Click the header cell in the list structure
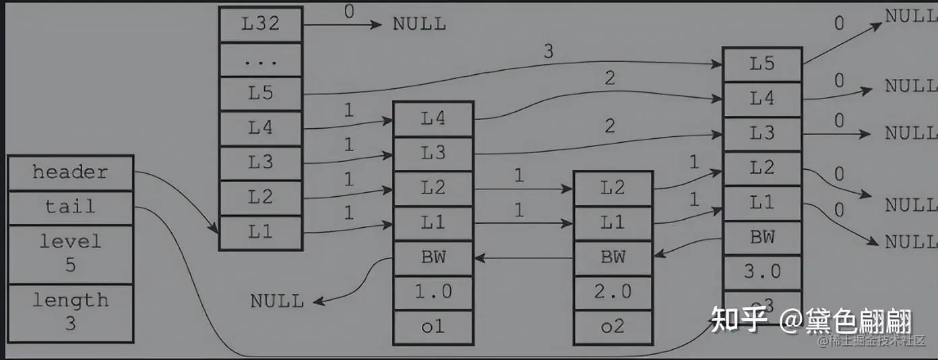pyautogui.click(x=70, y=173)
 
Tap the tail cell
pyautogui.click(x=70, y=207)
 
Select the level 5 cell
pyautogui.click(x=70, y=253)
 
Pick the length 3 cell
pyautogui.click(x=70, y=311)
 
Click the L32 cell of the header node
pyautogui.click(x=260, y=25)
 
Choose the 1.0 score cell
pyautogui.click(x=433, y=292)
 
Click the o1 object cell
pyautogui.click(x=433, y=327)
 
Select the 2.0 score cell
pyautogui.click(x=613, y=292)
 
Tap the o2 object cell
pyautogui.click(x=613, y=327)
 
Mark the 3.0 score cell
pyautogui.click(x=762, y=272)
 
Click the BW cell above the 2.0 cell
pyautogui.click(x=613, y=257)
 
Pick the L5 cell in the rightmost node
pyautogui.click(x=762, y=64)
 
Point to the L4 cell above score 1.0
pyautogui.click(x=433, y=119)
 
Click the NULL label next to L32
pyautogui.click(x=419, y=25)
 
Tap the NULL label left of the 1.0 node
pyautogui.click(x=277, y=301)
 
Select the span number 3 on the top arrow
pyautogui.click(x=548, y=51)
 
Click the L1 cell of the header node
pyautogui.click(x=260, y=233)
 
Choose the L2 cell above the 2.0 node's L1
pyautogui.click(x=613, y=188)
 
